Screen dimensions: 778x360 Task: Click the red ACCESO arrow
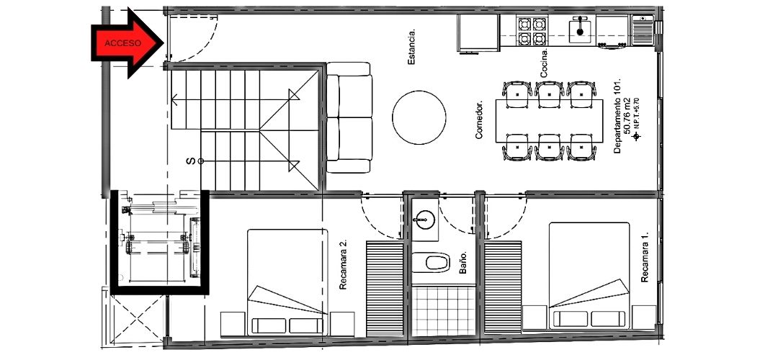pos(128,43)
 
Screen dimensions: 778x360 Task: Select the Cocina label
pos(545,63)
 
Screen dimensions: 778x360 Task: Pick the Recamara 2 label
pos(343,265)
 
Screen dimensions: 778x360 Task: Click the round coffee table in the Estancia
pos(419,117)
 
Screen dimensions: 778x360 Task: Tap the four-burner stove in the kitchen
pos(532,31)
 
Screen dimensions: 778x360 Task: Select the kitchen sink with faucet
pos(580,30)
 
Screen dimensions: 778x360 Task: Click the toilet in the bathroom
pos(431,262)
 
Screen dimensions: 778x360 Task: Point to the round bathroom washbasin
pos(425,219)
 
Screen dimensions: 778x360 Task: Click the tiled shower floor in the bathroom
pos(444,310)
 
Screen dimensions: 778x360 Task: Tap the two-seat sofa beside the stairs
pos(349,117)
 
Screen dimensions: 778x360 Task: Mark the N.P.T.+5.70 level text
pos(638,114)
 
